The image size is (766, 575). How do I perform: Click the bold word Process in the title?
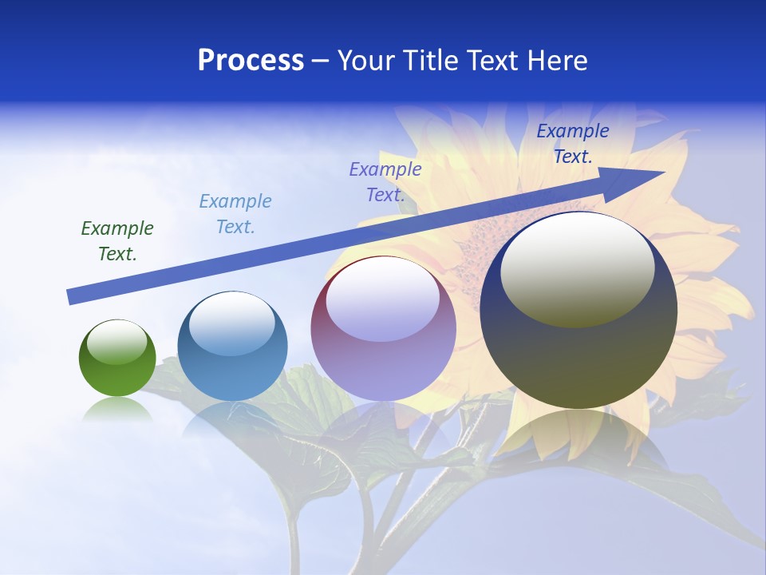tap(251, 61)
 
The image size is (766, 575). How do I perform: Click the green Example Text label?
tap(117, 241)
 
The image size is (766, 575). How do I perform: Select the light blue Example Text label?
tap(235, 214)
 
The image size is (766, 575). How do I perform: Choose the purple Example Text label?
tap(385, 181)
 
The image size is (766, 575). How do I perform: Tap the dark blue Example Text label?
tap(573, 144)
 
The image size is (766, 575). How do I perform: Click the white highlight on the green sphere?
tap(116, 343)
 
